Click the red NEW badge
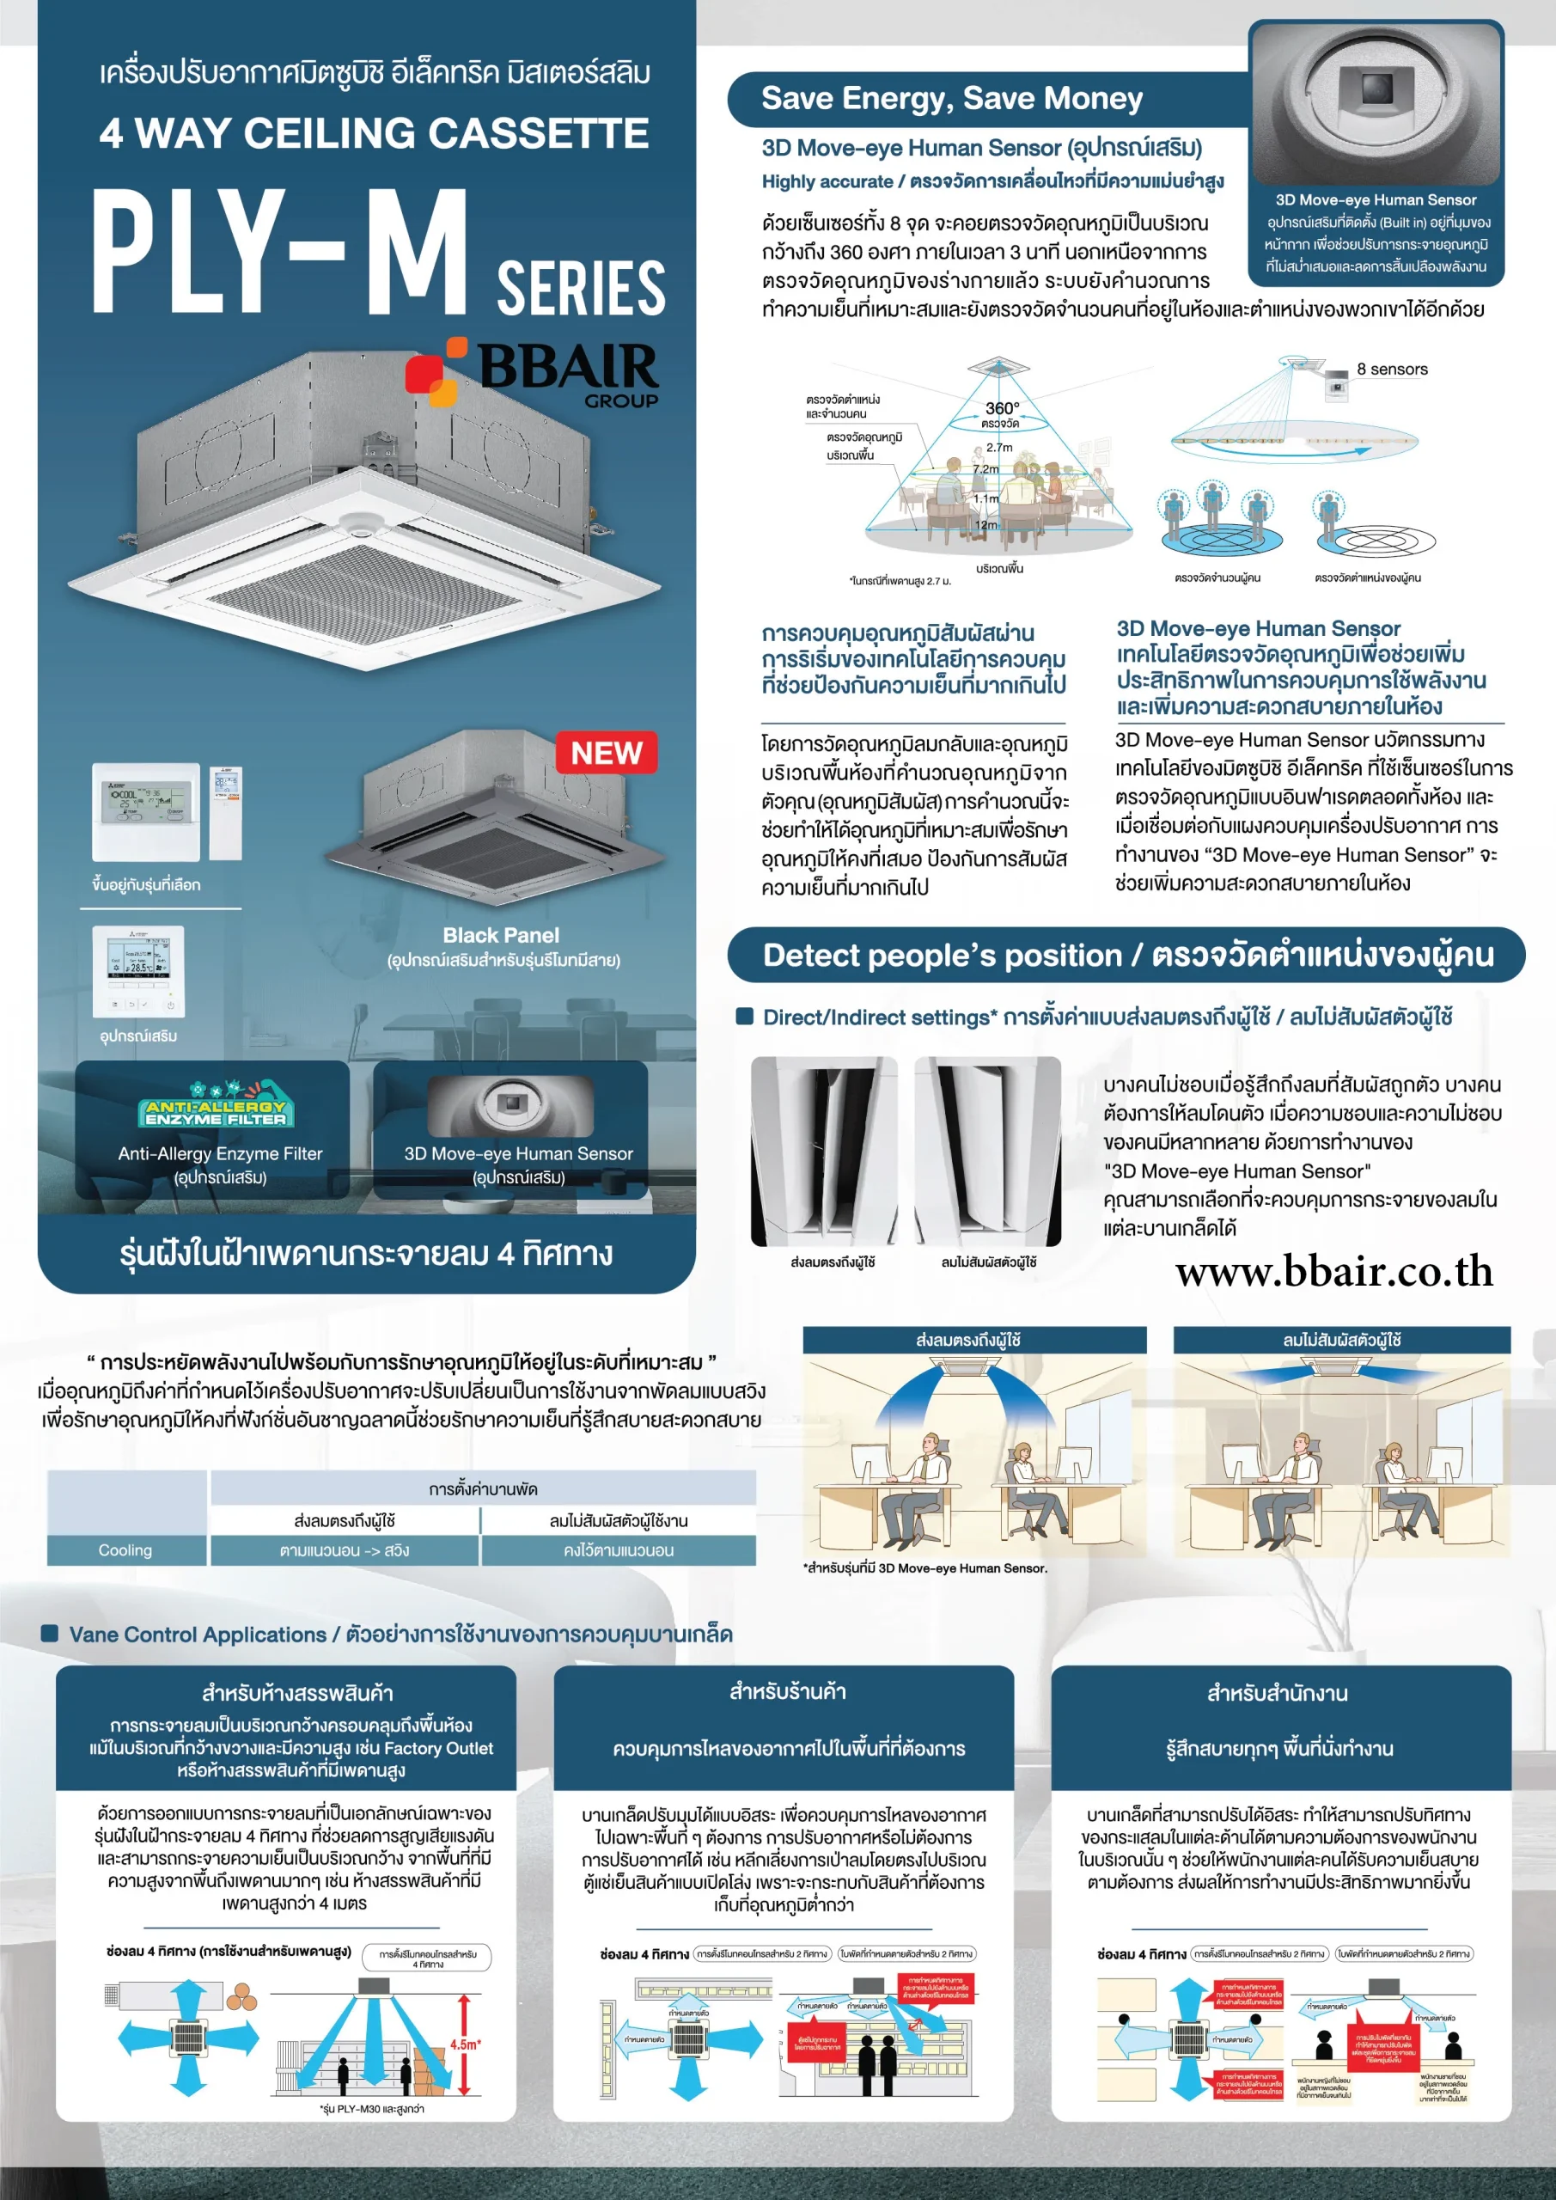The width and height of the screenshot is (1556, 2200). [606, 753]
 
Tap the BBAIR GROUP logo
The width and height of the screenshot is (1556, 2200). [534, 374]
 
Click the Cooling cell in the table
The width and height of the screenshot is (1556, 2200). [125, 1549]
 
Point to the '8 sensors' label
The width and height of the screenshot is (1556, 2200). [1391, 370]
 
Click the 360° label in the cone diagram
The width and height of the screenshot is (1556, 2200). [1001, 408]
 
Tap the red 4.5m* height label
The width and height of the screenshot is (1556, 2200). [465, 2044]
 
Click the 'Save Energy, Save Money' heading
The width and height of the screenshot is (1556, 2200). [951, 99]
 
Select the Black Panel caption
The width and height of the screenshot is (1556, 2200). [501, 935]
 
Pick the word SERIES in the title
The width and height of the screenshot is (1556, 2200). [581, 286]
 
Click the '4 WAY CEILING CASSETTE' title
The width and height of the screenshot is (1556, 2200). [374, 133]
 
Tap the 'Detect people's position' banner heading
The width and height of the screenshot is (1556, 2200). [1126, 956]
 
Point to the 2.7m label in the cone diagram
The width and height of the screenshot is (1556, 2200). [999, 448]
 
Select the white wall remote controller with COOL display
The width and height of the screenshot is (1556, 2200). [146, 810]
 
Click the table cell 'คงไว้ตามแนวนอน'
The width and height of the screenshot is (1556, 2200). [618, 1549]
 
